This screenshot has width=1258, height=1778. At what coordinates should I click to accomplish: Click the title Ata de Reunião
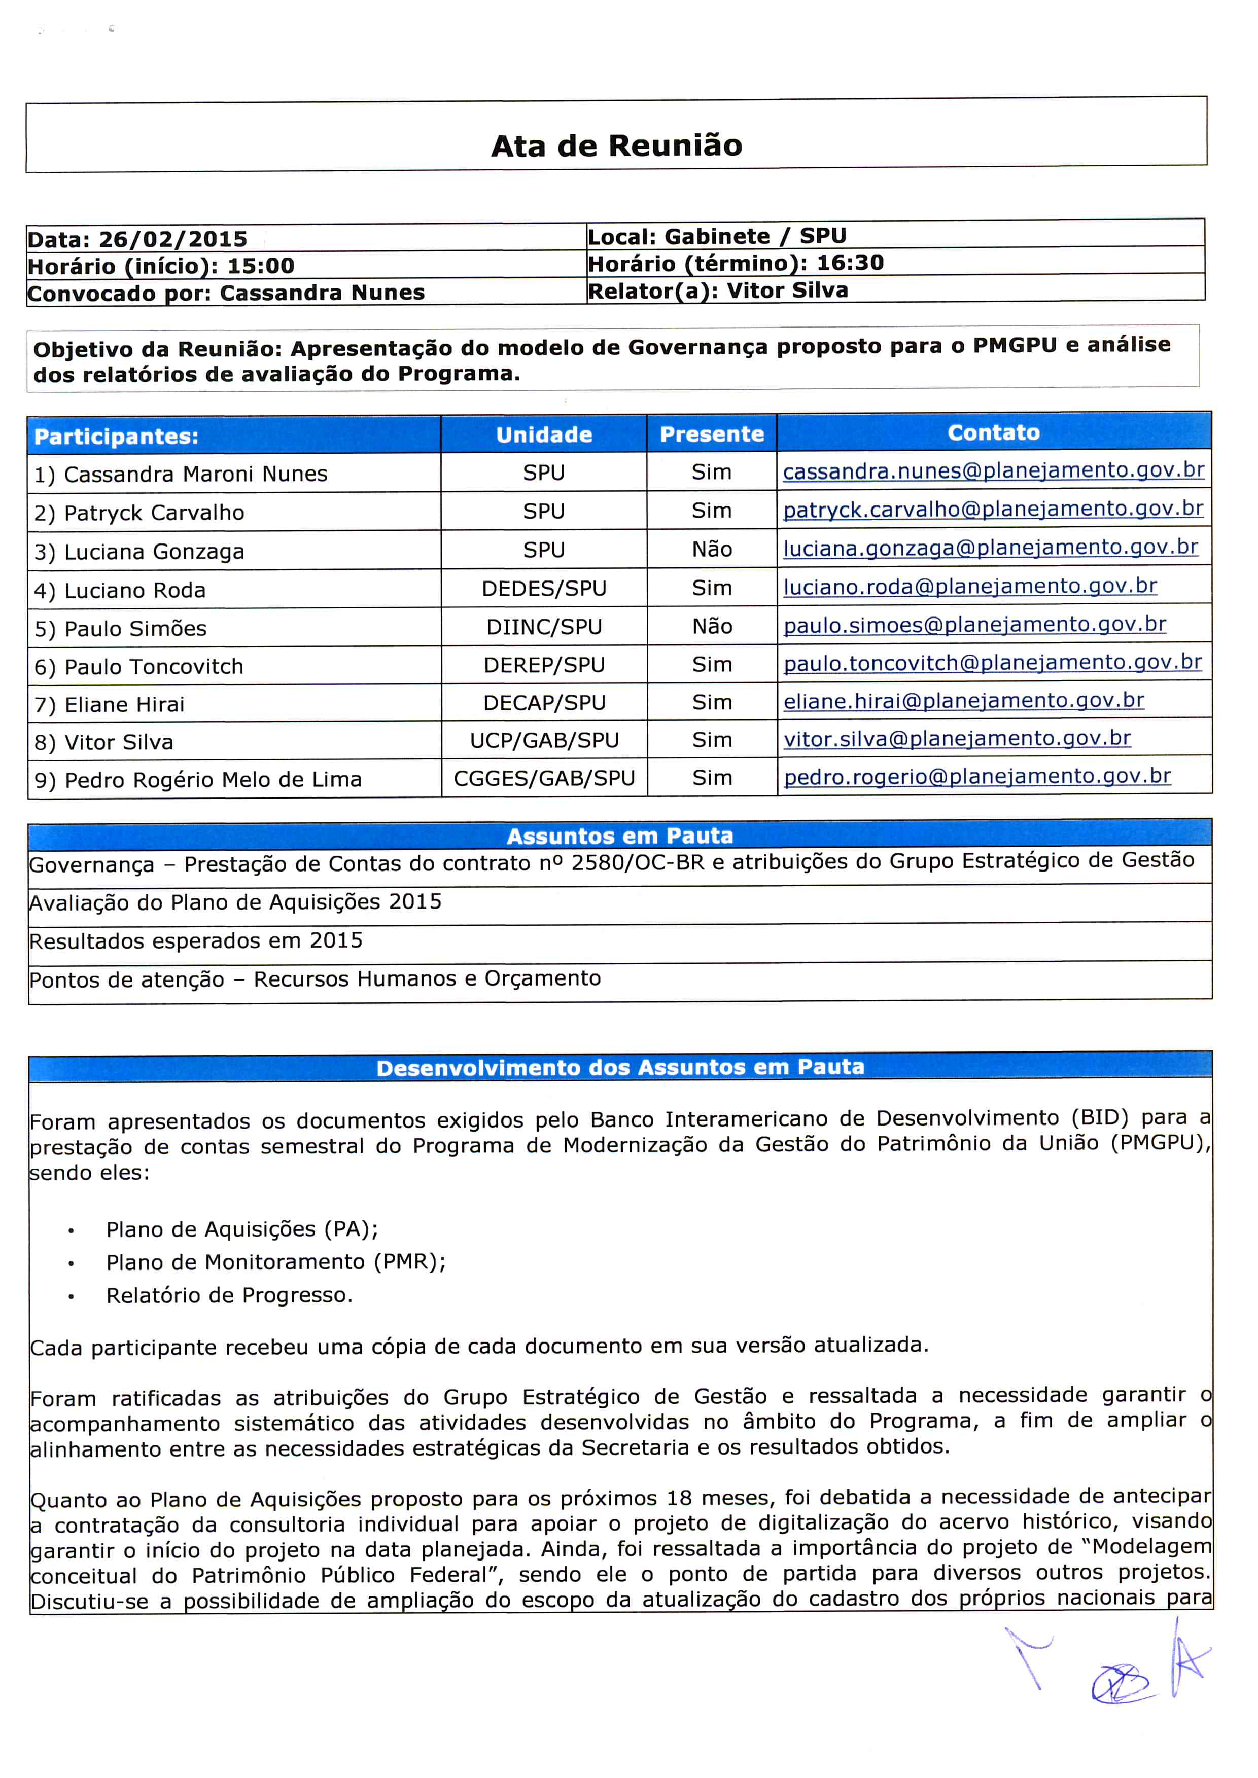[617, 146]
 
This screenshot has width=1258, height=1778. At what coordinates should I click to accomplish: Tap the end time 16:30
[850, 263]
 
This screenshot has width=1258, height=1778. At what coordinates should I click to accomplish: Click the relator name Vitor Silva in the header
[787, 291]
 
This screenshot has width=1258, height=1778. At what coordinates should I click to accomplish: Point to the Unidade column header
[544, 434]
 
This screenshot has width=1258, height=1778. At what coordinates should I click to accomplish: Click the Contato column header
[993, 432]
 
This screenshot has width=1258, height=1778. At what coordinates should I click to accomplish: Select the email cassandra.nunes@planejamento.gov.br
[993, 471]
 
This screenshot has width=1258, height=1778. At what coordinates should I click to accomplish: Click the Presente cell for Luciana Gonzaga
[711, 549]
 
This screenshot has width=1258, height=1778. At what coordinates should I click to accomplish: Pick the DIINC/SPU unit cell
[544, 627]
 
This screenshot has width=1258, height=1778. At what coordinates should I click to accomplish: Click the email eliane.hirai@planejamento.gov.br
[964, 701]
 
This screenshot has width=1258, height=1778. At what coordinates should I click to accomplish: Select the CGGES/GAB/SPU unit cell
[544, 778]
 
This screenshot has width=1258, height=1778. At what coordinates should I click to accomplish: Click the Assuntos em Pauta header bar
[620, 836]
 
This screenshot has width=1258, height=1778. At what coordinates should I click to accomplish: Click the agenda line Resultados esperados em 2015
[196, 941]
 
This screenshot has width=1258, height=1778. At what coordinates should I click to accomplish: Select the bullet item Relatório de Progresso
[229, 1295]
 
